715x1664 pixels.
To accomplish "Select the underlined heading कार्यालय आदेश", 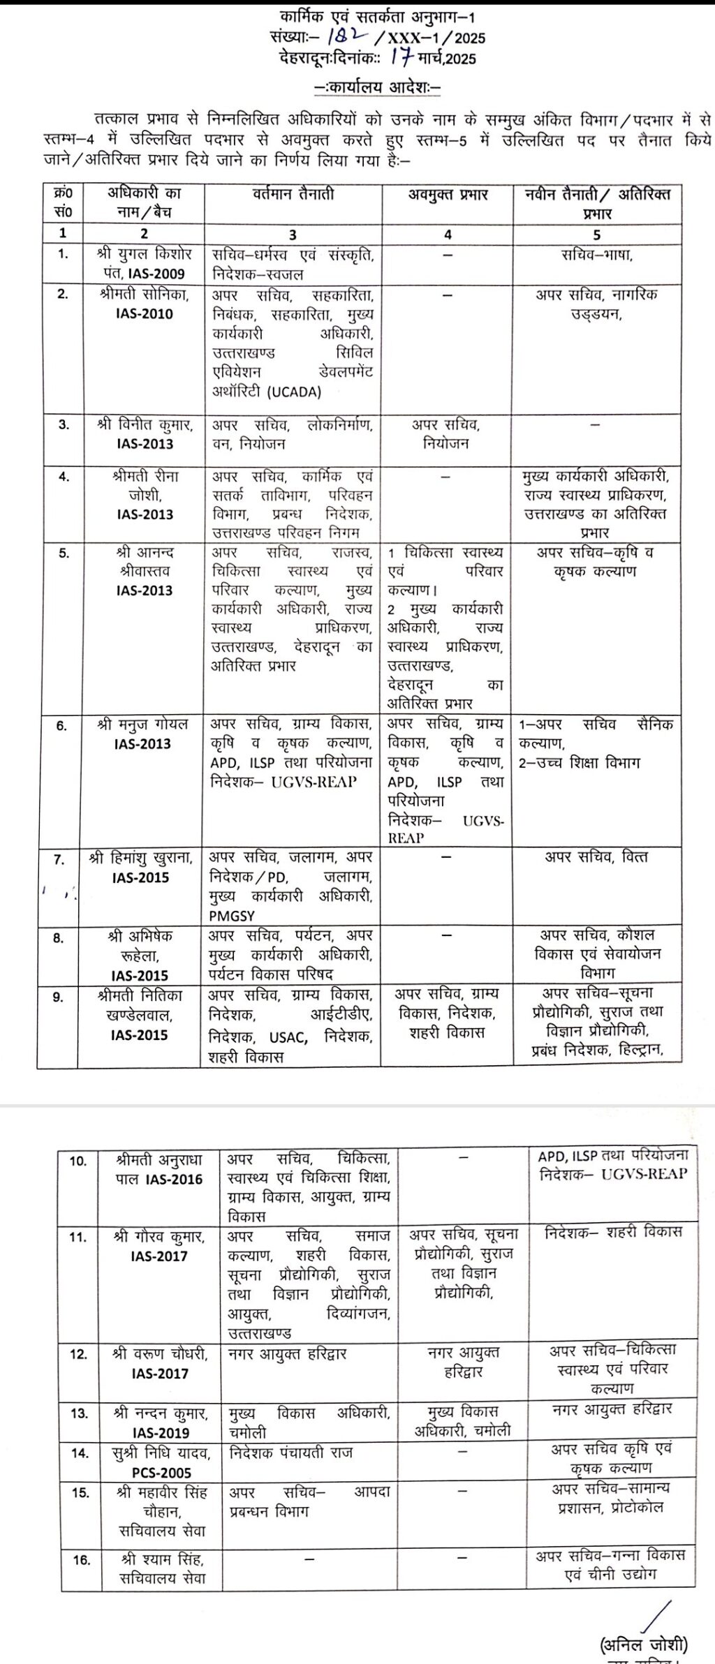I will [377, 89].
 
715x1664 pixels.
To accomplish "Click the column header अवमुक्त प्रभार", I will [448, 195].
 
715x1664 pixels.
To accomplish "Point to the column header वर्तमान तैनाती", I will [293, 195].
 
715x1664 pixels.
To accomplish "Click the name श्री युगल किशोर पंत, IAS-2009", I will [145, 263].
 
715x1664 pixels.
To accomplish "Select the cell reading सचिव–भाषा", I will [597, 255].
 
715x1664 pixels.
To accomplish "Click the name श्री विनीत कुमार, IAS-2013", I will [145, 433].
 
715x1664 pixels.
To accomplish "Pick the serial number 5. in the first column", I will [64, 553].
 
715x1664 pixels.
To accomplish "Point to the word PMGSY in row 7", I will [231, 914].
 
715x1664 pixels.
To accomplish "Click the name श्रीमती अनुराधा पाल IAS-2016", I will [159, 1170].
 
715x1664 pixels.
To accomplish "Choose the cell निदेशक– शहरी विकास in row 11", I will [612, 1232].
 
